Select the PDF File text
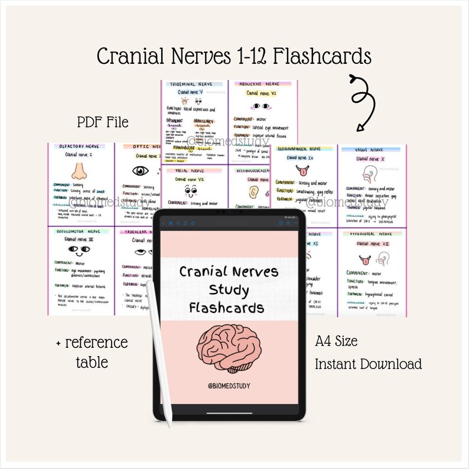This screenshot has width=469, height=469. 102,122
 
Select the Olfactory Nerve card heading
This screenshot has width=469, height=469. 79,146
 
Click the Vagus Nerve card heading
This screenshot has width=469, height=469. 369,150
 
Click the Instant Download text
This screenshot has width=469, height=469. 369,363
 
